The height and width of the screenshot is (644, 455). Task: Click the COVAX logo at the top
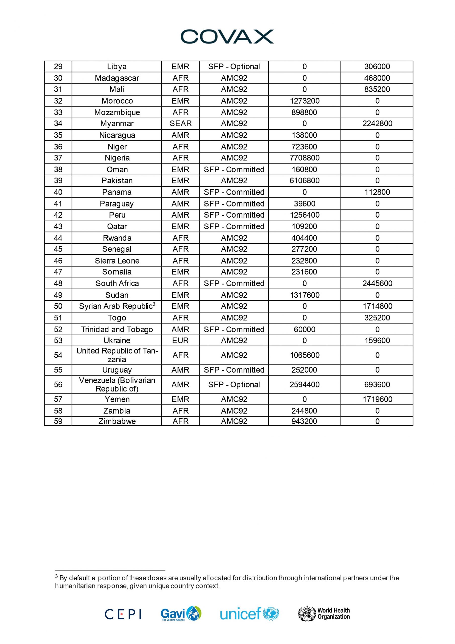pyautogui.click(x=227, y=37)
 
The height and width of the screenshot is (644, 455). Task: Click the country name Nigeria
pyautogui.click(x=117, y=158)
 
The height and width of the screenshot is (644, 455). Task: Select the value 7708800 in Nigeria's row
pyautogui.click(x=304, y=158)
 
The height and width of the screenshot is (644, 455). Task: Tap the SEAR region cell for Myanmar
pyautogui.click(x=180, y=124)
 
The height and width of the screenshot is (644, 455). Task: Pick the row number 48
pyautogui.click(x=58, y=284)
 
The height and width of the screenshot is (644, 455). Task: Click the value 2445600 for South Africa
pyautogui.click(x=377, y=284)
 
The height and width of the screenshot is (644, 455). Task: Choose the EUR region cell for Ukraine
pyautogui.click(x=180, y=341)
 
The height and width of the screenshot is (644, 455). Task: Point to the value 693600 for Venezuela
pyautogui.click(x=377, y=385)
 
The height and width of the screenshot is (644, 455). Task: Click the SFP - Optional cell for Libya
pyautogui.click(x=234, y=67)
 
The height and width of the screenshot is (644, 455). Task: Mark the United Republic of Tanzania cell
pyautogui.click(x=117, y=355)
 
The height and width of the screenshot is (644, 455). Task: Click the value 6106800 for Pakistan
pyautogui.click(x=304, y=181)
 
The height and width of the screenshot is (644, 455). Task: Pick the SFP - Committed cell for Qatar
pyautogui.click(x=234, y=227)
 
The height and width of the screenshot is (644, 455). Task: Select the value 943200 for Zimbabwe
pyautogui.click(x=304, y=421)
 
